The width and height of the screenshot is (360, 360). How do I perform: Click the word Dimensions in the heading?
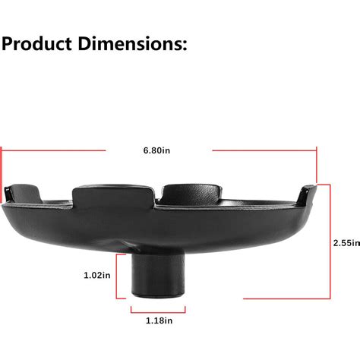[x=126, y=44]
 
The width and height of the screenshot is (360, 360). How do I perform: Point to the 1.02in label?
[x=96, y=276]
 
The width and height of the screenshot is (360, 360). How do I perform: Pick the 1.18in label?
[x=157, y=320]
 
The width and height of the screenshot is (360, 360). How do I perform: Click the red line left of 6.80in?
[x=53, y=150]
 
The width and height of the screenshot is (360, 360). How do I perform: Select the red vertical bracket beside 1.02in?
[x=119, y=276]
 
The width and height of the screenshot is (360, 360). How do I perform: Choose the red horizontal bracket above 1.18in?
[x=158, y=308]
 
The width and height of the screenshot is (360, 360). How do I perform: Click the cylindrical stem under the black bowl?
[x=157, y=277]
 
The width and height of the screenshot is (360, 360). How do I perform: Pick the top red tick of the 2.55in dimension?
[x=324, y=185]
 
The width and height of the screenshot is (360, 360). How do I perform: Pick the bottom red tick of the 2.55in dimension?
[x=324, y=299]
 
